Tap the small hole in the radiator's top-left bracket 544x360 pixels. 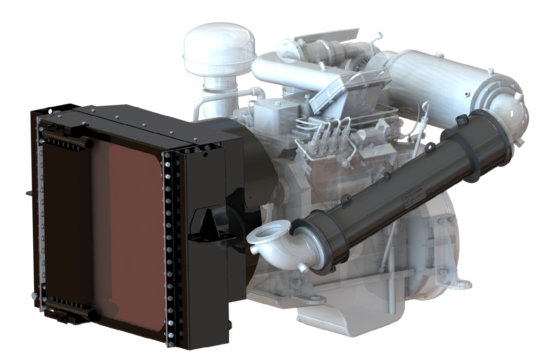pos(50,111)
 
